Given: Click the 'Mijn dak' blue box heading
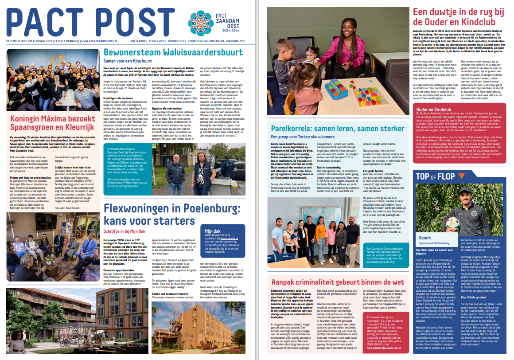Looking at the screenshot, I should point(212,231).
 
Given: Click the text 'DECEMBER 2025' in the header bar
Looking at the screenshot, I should point(18,42).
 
